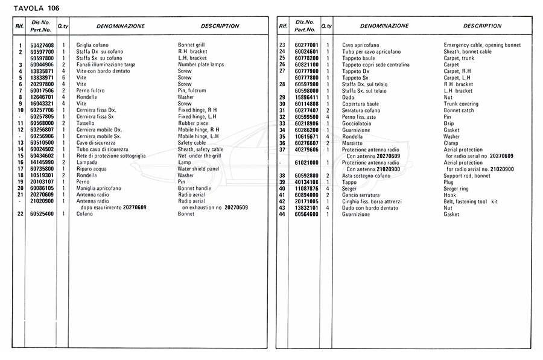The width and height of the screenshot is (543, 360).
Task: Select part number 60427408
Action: (42, 45)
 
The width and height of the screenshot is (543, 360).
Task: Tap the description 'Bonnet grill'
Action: (191, 45)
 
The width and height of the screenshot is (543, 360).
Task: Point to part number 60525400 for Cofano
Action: (42, 214)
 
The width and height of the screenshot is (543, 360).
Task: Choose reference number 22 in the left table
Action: (20, 214)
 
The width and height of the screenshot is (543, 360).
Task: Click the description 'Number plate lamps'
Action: (201, 65)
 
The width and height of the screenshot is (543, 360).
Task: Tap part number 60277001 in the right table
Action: (306, 45)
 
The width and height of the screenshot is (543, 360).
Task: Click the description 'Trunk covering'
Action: (461, 104)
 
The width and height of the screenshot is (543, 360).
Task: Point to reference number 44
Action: (282, 214)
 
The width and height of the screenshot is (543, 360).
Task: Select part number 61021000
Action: (306, 162)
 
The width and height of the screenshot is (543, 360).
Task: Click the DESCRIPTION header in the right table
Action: (482, 26)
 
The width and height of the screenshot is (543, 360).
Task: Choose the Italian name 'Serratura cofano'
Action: (363, 110)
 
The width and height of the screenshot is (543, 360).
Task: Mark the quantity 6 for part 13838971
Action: (63, 78)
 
